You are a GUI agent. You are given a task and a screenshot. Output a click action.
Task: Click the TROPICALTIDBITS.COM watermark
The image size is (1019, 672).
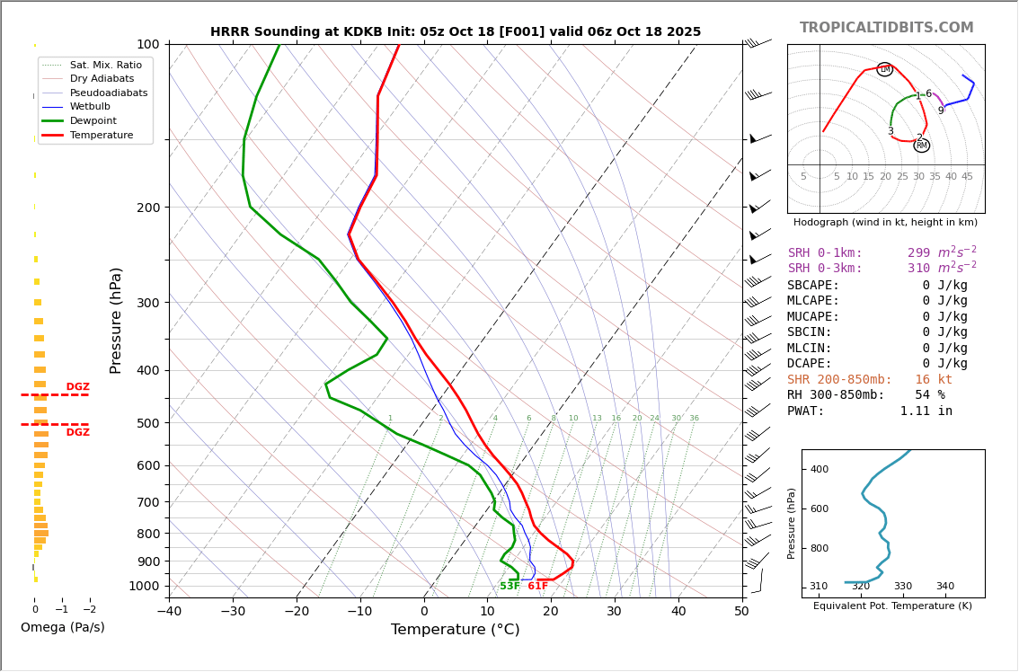tap(886, 28)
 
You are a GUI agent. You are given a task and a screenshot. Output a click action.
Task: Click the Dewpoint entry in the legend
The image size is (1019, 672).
tap(93, 120)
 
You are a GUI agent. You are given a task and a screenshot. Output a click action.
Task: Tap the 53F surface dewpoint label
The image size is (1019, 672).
tap(509, 586)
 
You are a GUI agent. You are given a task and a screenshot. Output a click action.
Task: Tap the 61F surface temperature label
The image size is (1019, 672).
tap(537, 586)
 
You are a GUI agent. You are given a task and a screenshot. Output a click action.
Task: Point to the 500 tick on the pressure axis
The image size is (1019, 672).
tap(147, 423)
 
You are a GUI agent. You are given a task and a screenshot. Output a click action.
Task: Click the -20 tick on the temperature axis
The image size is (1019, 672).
tap(297, 612)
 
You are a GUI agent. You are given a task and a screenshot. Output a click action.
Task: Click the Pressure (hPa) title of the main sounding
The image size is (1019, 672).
tap(117, 320)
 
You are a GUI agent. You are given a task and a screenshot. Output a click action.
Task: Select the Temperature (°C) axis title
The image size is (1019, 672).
tap(455, 630)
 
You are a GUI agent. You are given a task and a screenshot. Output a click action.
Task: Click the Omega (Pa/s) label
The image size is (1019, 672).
tap(62, 627)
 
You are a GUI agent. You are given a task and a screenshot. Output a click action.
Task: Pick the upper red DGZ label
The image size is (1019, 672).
tap(77, 387)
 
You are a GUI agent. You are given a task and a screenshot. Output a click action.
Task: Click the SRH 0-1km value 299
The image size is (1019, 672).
tap(918, 253)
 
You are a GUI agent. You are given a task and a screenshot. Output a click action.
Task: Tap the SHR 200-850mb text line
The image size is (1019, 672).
tap(869, 379)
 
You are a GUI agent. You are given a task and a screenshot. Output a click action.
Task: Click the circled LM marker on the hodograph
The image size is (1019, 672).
tap(884, 69)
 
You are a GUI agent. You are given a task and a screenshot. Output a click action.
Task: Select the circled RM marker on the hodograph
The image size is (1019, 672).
tap(921, 146)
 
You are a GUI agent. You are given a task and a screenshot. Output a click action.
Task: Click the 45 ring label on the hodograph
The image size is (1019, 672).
tap(967, 177)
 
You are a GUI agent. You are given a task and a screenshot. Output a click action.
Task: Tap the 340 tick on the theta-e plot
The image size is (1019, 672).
tap(944, 587)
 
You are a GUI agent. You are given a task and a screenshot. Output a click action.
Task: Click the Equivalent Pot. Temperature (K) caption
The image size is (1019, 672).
tap(892, 606)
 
